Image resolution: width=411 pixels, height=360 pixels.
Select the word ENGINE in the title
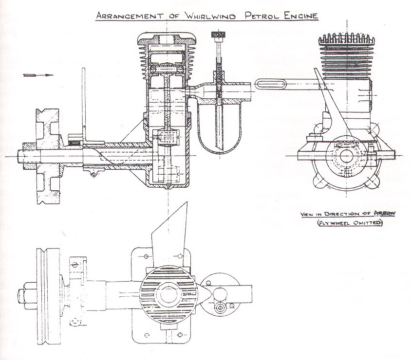301,16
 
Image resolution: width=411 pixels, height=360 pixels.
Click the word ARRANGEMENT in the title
130,15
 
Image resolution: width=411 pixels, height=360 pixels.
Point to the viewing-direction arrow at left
38,75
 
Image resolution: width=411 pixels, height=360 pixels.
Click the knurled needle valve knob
218,35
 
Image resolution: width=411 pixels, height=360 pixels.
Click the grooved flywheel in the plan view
48,296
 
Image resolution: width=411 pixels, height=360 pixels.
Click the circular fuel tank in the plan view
220,293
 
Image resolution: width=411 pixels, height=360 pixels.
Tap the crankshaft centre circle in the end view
347,156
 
